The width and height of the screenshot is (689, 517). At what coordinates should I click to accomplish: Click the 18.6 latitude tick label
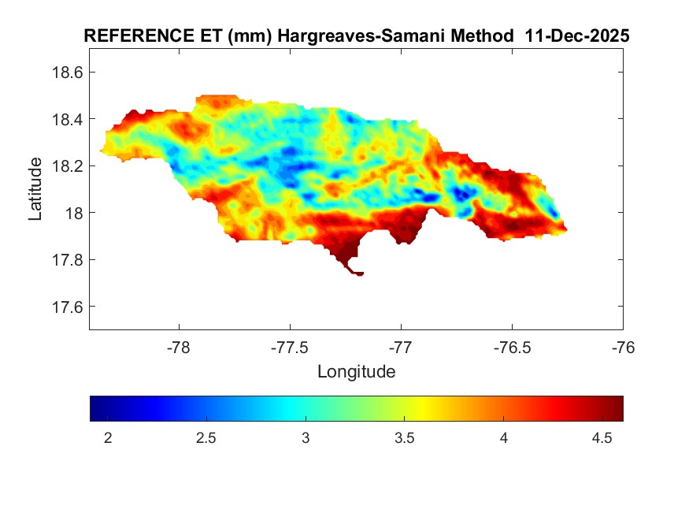pyautogui.click(x=66, y=73)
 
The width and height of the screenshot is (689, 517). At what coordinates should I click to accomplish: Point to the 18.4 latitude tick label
pyautogui.click(x=66, y=119)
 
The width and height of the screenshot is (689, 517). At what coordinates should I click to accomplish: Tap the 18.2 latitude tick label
pyautogui.click(x=66, y=166)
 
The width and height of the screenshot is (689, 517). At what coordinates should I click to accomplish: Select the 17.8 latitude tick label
pyautogui.click(x=66, y=260)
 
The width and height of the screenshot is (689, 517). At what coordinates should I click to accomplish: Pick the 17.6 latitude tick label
pyautogui.click(x=66, y=307)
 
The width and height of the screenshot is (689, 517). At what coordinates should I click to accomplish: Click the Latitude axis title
pyautogui.click(x=35, y=188)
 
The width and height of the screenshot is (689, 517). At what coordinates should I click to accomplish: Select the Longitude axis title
pyautogui.click(x=356, y=371)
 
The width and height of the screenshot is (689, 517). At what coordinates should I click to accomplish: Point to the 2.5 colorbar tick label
pyautogui.click(x=206, y=438)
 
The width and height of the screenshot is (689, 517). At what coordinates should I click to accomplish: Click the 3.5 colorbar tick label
pyautogui.click(x=405, y=438)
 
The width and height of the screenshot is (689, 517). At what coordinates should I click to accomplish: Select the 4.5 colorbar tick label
pyautogui.click(x=602, y=438)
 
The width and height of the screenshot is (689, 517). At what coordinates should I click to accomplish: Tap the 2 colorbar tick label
pyautogui.click(x=108, y=438)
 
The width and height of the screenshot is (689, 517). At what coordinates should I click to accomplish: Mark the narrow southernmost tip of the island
pyautogui.click(x=359, y=273)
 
